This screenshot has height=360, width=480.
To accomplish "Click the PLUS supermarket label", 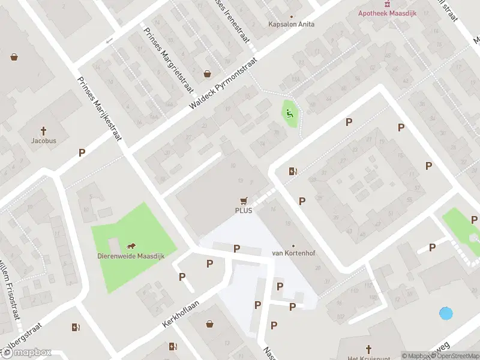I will [244, 211].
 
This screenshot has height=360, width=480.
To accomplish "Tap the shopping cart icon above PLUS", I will [244, 201].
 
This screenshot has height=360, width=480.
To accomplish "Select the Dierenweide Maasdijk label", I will [131, 256].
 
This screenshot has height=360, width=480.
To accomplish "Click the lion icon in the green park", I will [131, 246].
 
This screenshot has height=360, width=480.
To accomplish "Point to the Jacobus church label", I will [44, 141].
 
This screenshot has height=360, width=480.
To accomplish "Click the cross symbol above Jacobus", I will [44, 131].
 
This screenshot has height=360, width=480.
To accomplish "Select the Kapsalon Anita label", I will [292, 25].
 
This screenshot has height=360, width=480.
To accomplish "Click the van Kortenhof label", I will [293, 253].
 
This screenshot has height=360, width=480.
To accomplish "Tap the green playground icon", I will [290, 112].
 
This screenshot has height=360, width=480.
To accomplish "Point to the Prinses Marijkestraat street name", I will [100, 109].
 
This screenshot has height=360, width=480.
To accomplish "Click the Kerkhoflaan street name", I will [180, 310].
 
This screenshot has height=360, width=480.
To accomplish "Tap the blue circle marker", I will [446, 313].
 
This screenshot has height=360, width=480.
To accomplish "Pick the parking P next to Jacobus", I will [82, 153].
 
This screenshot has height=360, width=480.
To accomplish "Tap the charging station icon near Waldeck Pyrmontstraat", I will [293, 171].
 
